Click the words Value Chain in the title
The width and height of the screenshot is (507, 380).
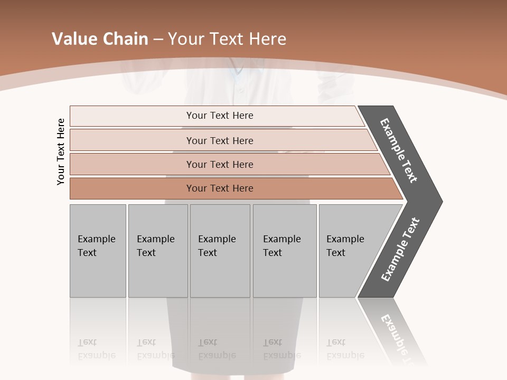pyautogui.click(x=100, y=39)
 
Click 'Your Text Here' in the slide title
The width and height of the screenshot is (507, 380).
pyautogui.click(x=227, y=39)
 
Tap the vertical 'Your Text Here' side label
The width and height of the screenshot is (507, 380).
pyautogui.click(x=61, y=151)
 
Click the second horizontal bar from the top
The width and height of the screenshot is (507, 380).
pyautogui.click(x=219, y=140)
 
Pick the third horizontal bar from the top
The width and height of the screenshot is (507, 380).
pyautogui.click(x=219, y=164)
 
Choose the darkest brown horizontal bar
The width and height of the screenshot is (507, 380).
pyautogui.click(x=219, y=188)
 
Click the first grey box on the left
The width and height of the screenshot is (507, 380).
pyautogui.click(x=98, y=250)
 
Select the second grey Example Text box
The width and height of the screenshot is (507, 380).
pyautogui.click(x=158, y=250)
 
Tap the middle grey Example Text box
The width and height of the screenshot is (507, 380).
pyautogui.click(x=220, y=250)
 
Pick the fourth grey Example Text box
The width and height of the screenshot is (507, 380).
pyautogui.click(x=285, y=250)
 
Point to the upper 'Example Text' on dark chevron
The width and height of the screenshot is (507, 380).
pyautogui.click(x=399, y=150)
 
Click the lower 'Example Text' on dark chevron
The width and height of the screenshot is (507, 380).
pyautogui.click(x=400, y=250)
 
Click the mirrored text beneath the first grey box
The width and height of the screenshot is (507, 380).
pyautogui.click(x=96, y=349)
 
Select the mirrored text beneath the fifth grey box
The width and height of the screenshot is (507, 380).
pyautogui.click(x=345, y=349)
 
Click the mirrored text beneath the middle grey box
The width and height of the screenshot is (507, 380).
pyautogui.click(x=217, y=349)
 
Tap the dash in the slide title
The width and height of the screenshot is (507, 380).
pyautogui.click(x=158, y=40)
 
